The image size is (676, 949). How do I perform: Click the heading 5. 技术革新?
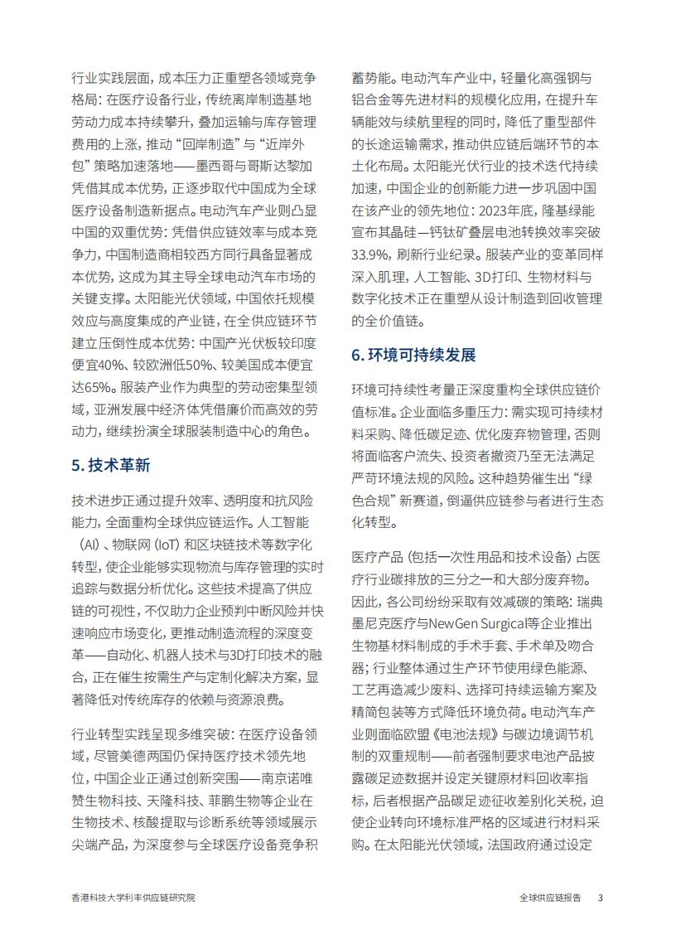(x=111, y=465)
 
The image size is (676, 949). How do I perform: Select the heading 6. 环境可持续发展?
(x=413, y=355)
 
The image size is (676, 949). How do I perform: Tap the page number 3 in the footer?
(x=601, y=898)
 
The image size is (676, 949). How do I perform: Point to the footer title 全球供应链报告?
(x=550, y=898)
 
